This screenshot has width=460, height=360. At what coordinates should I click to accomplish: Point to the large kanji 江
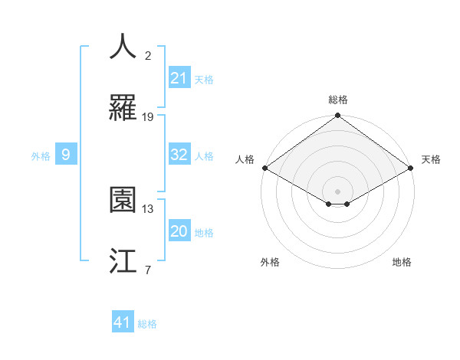(123, 260)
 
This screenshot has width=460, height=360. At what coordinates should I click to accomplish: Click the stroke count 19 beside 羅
(148, 117)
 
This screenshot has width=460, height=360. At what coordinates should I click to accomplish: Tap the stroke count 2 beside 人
(148, 55)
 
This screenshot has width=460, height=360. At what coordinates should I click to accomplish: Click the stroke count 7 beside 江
(148, 270)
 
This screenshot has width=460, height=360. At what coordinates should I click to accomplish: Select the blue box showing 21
(179, 78)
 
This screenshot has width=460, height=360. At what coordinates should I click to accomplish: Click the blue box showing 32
(179, 155)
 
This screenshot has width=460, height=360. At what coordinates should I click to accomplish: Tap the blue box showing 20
(179, 231)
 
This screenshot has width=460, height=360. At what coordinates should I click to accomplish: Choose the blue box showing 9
(66, 155)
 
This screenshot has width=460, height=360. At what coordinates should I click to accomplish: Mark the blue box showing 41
(123, 322)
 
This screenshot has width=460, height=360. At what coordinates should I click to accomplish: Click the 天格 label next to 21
(204, 80)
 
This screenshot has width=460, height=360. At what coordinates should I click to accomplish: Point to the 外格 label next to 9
(41, 156)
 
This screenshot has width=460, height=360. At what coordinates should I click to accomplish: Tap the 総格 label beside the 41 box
(147, 324)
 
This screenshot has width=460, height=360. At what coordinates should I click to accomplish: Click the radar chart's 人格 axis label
(245, 159)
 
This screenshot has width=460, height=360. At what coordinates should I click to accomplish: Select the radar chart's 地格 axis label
(402, 262)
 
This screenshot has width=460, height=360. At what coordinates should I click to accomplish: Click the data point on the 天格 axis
(412, 169)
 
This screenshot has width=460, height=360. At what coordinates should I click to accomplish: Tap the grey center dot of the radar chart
(337, 191)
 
